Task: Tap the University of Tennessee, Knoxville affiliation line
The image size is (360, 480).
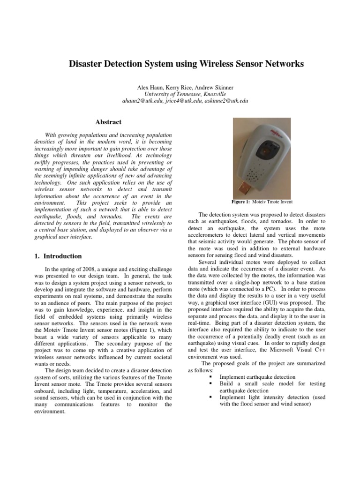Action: pyautogui.click(x=180, y=94)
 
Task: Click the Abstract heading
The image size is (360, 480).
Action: pyautogui.click(x=108, y=122)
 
